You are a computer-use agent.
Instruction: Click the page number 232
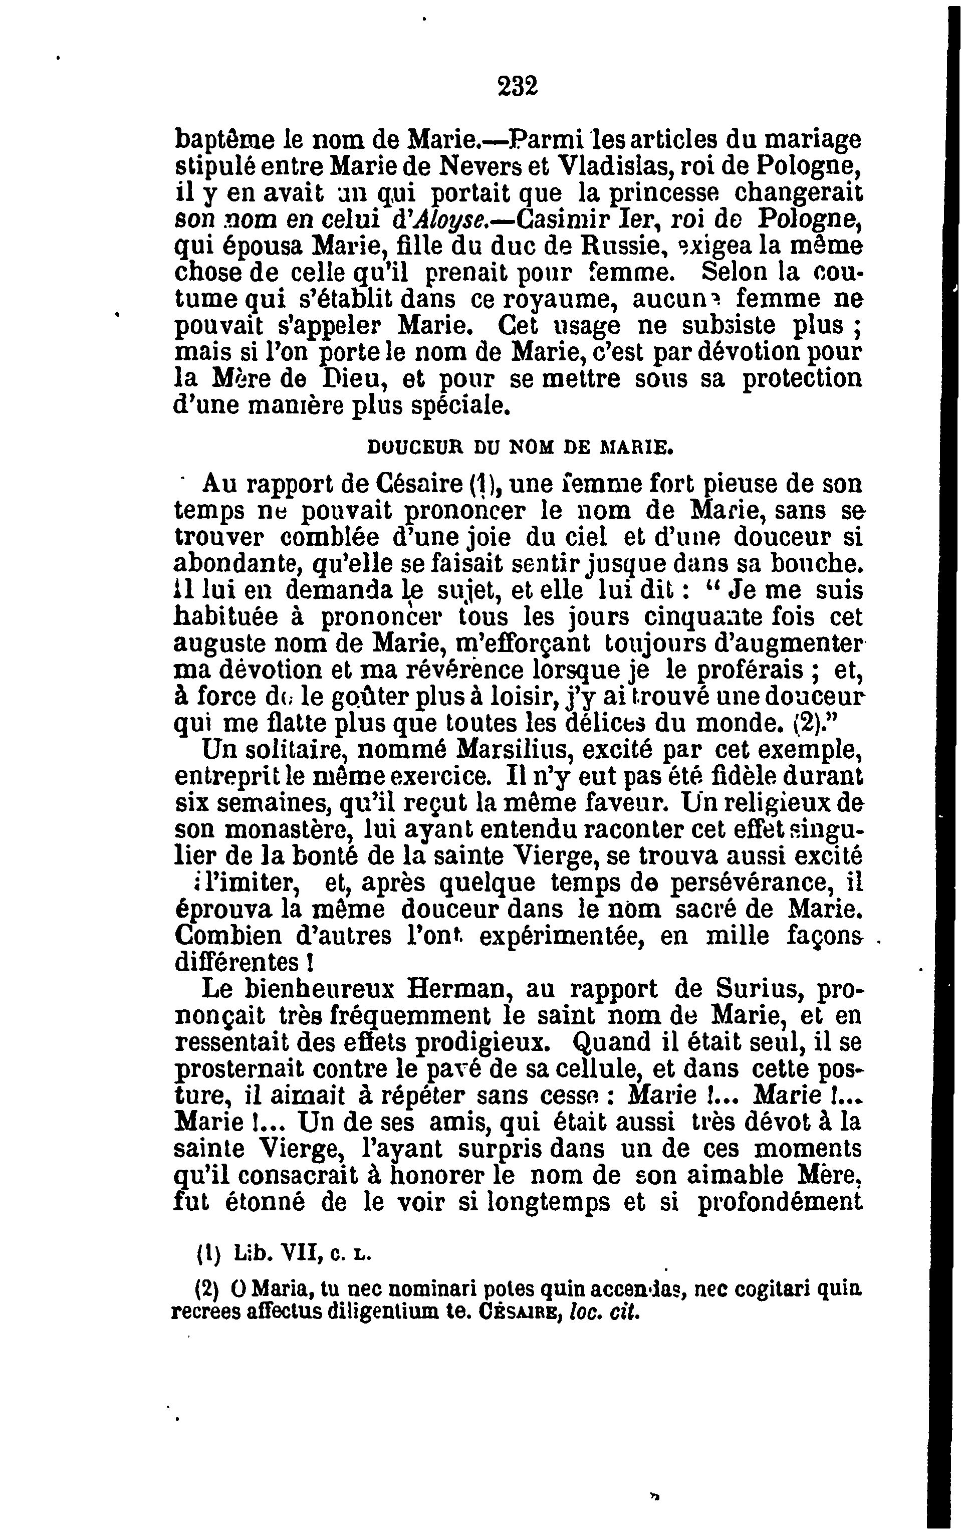[x=517, y=85]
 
